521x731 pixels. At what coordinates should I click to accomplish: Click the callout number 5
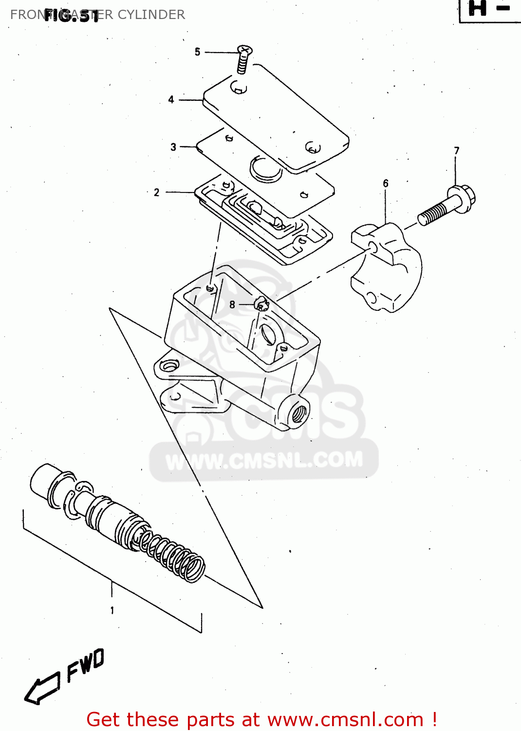[x=197, y=52]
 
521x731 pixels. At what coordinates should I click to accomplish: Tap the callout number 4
[x=171, y=99]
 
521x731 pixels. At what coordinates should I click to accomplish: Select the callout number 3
[x=173, y=147]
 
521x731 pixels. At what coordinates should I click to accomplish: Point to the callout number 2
[x=156, y=192]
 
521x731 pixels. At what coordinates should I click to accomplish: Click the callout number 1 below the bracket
[x=112, y=610]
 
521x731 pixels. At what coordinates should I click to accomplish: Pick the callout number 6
[x=386, y=183]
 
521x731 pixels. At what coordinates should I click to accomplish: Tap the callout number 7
[x=457, y=151]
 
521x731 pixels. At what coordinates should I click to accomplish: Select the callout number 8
[x=232, y=305]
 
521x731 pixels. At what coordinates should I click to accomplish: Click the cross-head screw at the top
[x=244, y=58]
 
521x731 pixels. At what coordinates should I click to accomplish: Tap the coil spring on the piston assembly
[x=173, y=556]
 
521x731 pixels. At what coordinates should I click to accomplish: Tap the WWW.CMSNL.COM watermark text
[x=264, y=461]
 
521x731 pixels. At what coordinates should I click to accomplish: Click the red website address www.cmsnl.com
[x=345, y=719]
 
